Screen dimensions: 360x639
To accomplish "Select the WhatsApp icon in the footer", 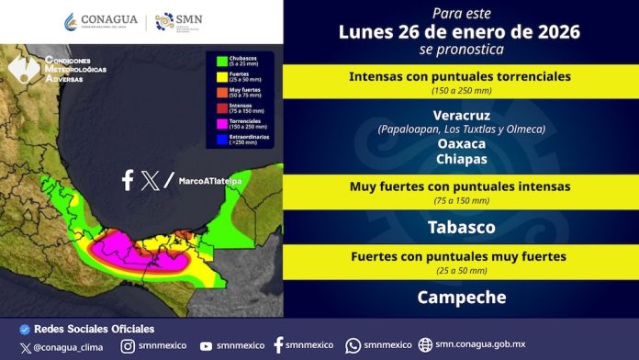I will tap(353, 346).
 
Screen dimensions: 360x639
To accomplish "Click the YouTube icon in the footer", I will tap(206, 346).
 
